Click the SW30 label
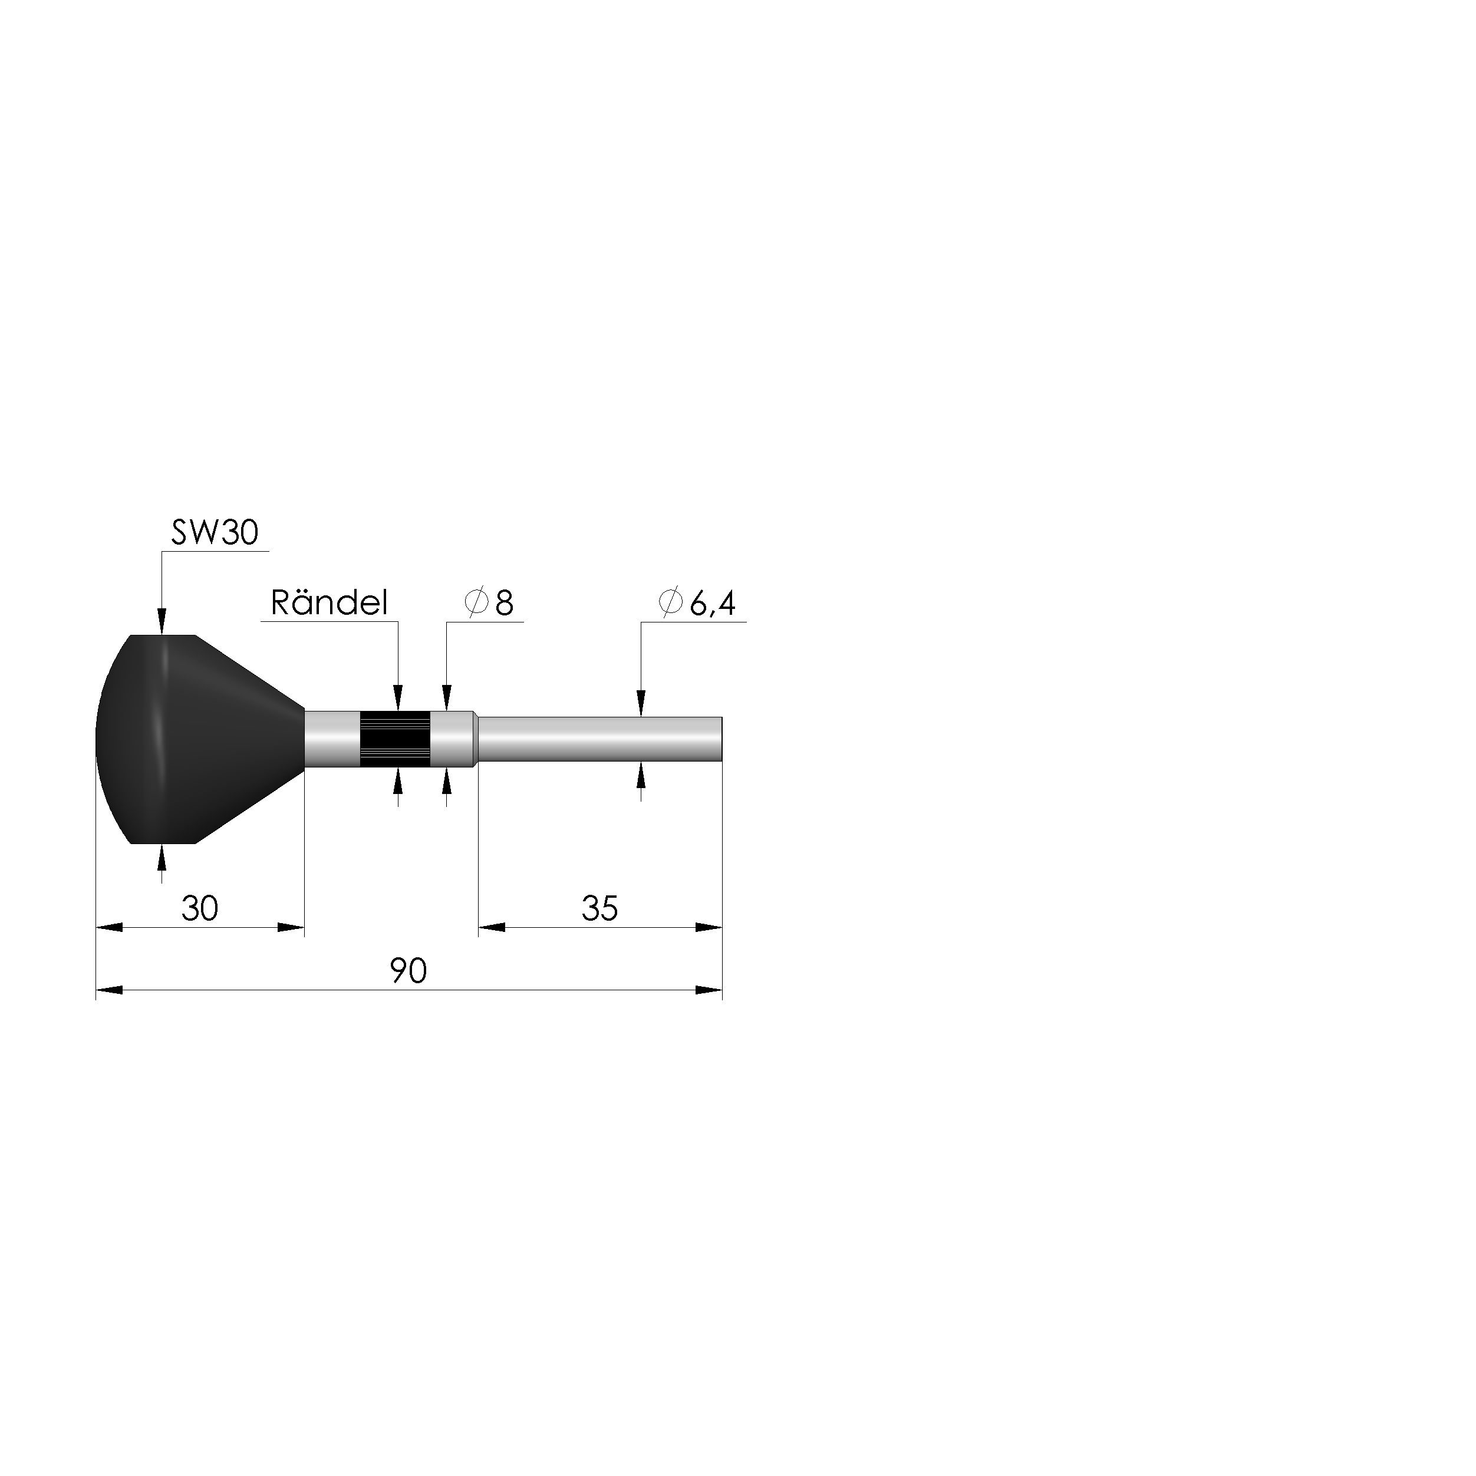(215, 532)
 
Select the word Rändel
(330, 603)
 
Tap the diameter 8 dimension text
(489, 603)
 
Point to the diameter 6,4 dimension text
(697, 603)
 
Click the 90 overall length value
(408, 971)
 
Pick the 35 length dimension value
(599, 908)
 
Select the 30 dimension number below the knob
(200, 908)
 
